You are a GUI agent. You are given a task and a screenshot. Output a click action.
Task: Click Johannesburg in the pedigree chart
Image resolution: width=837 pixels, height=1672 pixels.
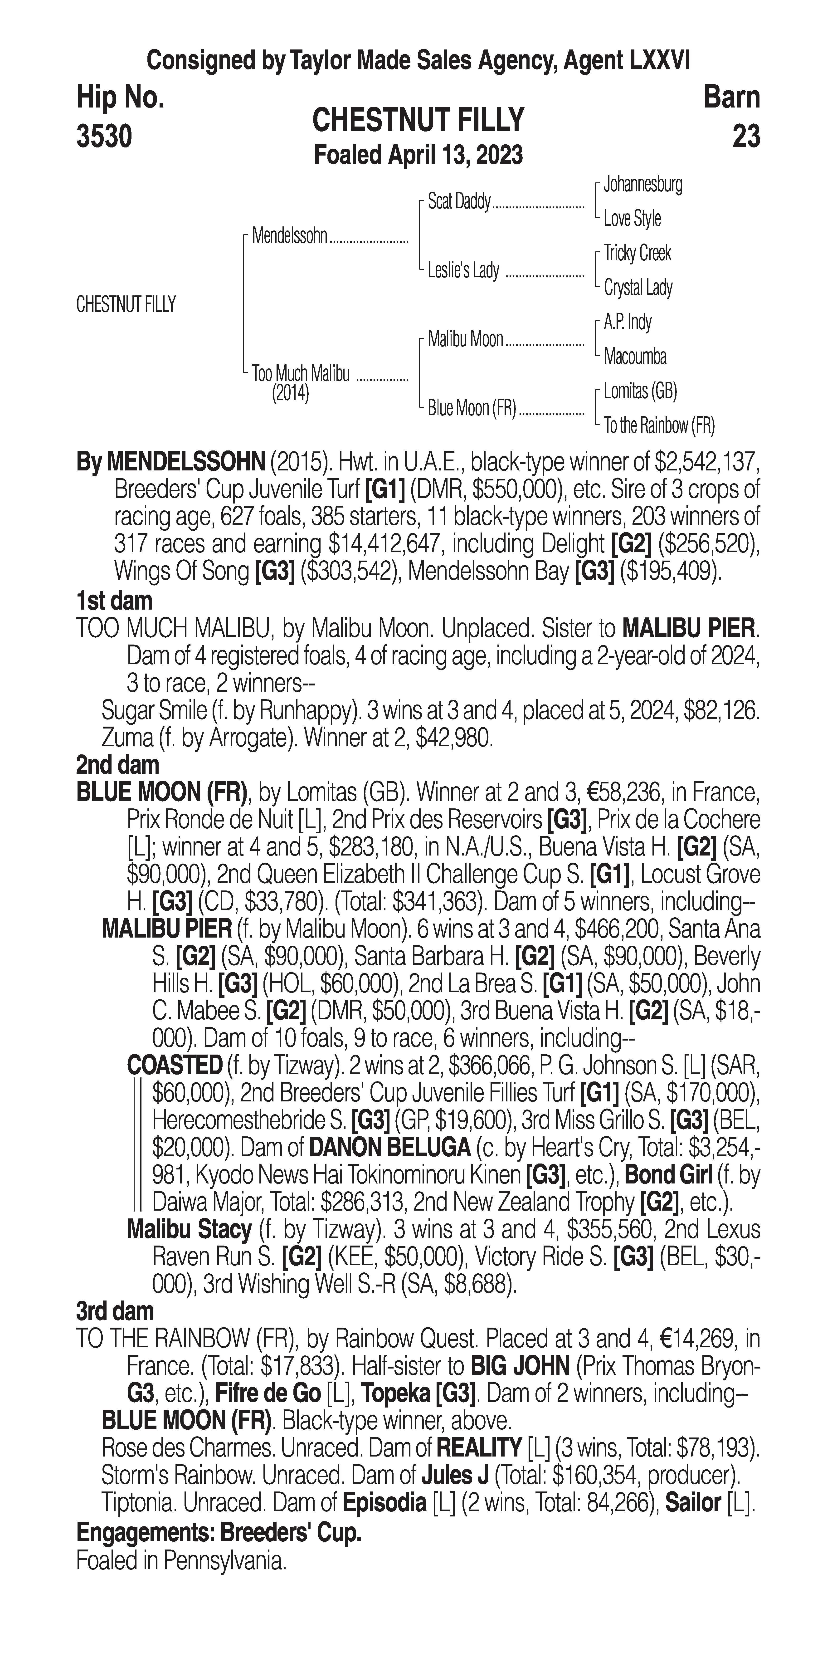pos(642,184)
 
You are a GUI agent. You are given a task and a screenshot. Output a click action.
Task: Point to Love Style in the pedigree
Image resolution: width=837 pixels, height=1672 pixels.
pos(632,219)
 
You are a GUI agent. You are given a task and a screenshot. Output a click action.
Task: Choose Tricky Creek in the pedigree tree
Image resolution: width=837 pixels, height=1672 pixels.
pos(637,253)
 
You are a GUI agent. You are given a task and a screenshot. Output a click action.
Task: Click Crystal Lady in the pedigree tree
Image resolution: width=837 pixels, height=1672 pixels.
pos(638,288)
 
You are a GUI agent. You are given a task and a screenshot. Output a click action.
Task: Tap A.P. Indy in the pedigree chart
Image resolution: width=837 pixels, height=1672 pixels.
pos(628,322)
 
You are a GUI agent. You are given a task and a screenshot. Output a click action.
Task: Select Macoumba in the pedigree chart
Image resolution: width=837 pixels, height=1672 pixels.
pos(635,356)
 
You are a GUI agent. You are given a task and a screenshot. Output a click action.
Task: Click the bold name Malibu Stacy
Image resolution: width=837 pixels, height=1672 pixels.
pos(189,1229)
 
